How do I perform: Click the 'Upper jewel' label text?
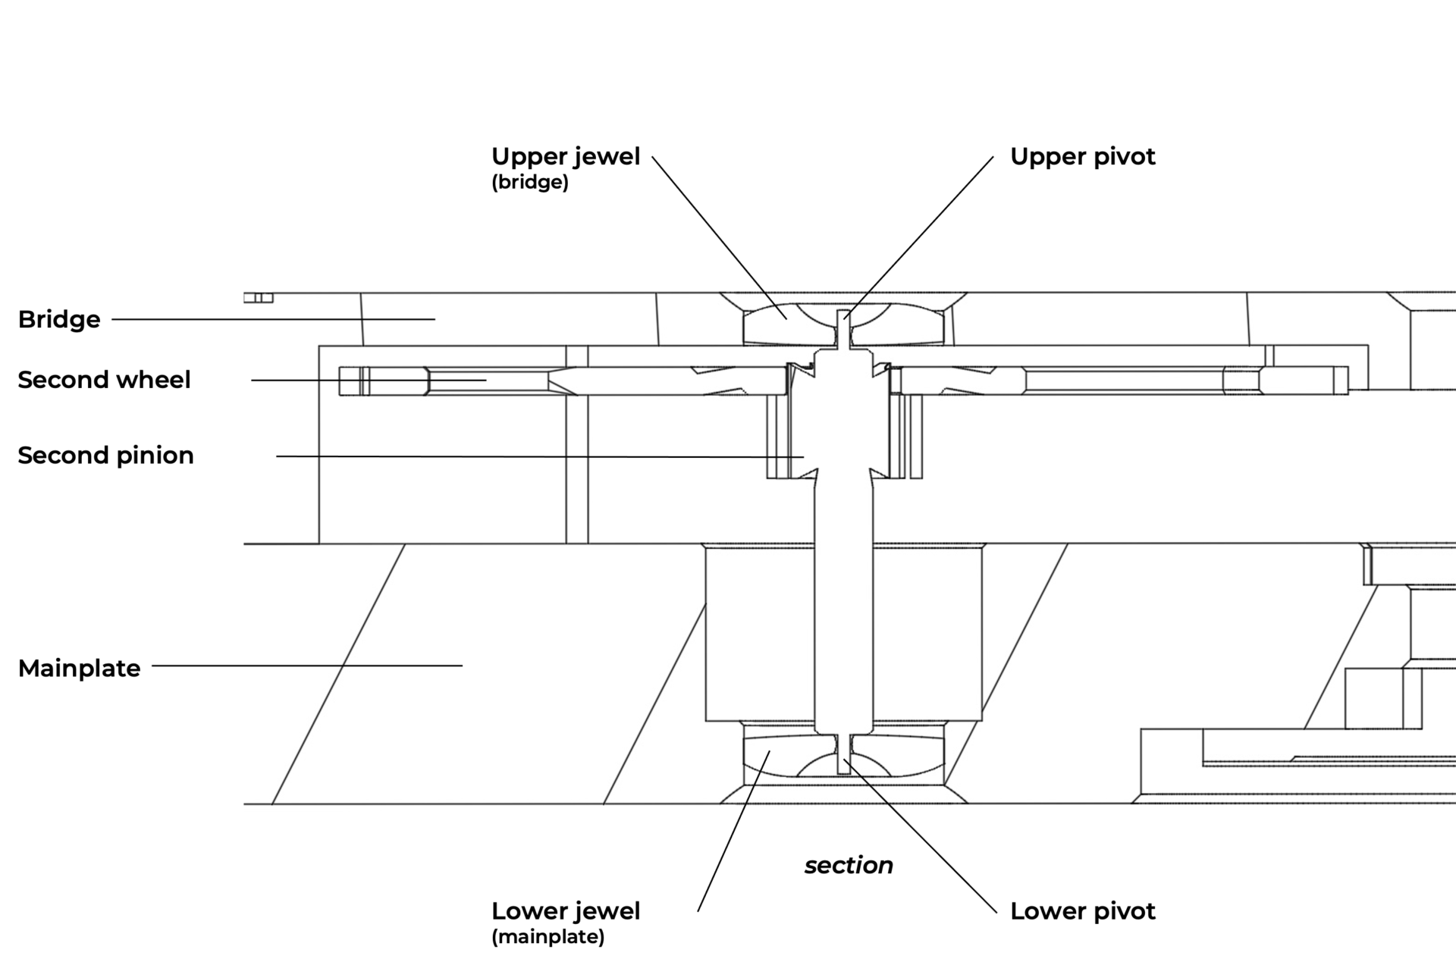566,156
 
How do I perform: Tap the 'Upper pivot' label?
1082,156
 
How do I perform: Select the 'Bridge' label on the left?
59,319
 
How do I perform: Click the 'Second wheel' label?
104,379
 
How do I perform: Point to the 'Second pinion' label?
105,455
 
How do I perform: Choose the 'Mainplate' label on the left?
79,668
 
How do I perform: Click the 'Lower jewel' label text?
566,910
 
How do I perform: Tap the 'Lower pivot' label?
1082,910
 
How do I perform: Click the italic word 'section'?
849,865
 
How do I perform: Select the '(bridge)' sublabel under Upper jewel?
529,183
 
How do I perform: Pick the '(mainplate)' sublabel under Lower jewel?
548,937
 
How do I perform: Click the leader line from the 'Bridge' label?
273,319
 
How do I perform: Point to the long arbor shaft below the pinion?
843,606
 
